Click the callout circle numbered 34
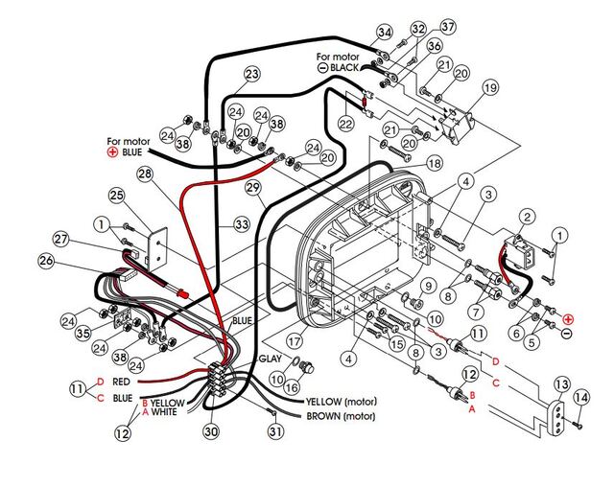(x=385, y=33)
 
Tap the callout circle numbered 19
(x=490, y=88)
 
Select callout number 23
(x=252, y=74)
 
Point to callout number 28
(x=145, y=174)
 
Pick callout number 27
(x=60, y=239)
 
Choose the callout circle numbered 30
(x=210, y=431)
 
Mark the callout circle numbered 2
(x=527, y=218)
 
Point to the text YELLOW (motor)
(x=347, y=401)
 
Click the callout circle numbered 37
(x=421, y=26)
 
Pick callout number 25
(x=117, y=196)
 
